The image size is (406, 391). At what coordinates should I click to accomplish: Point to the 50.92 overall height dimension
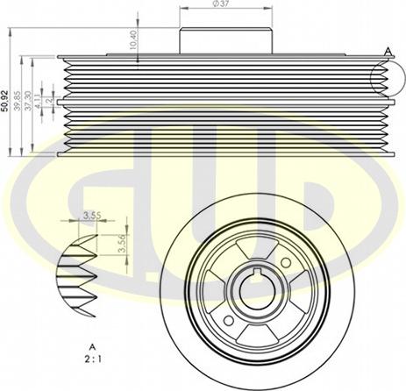pos(6,102)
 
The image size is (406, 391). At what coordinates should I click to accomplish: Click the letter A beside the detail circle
pos(387,52)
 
